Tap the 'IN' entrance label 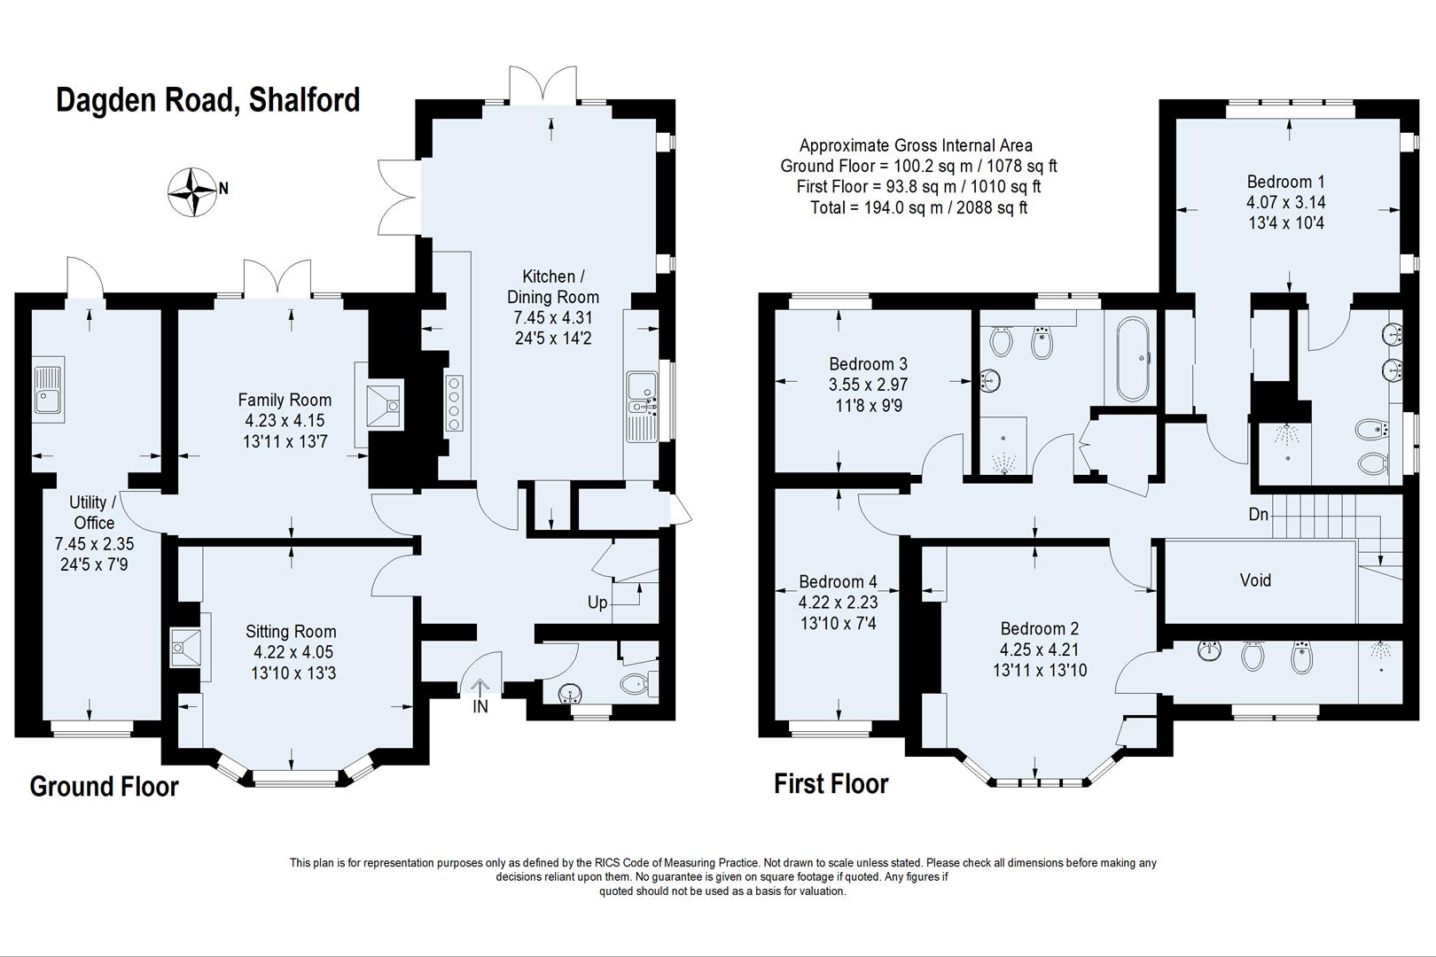(x=480, y=706)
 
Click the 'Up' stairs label (x=597, y=603)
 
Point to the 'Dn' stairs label (x=1258, y=514)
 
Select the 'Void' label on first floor (x=1255, y=580)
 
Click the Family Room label (x=285, y=400)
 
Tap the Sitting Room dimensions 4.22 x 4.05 (x=293, y=652)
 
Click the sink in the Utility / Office (x=48, y=391)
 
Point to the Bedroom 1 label (x=1285, y=182)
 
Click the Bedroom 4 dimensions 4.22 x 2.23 (x=838, y=603)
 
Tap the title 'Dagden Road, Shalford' (x=208, y=99)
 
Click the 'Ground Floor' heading (x=104, y=787)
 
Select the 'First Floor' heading (x=831, y=784)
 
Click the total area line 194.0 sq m (x=918, y=207)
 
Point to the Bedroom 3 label (x=868, y=364)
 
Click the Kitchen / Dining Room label (x=553, y=286)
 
